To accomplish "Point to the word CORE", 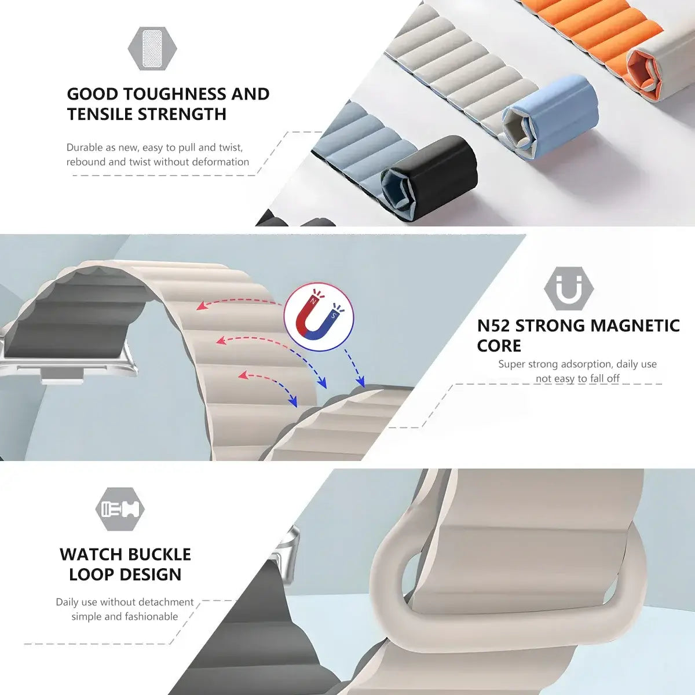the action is [499, 346].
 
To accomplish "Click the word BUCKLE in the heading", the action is [158, 554].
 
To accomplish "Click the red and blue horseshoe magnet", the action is [317, 316].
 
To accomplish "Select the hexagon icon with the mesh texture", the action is [152, 49].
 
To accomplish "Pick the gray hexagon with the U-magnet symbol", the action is [569, 288].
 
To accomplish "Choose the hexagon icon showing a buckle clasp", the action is [120, 509].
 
